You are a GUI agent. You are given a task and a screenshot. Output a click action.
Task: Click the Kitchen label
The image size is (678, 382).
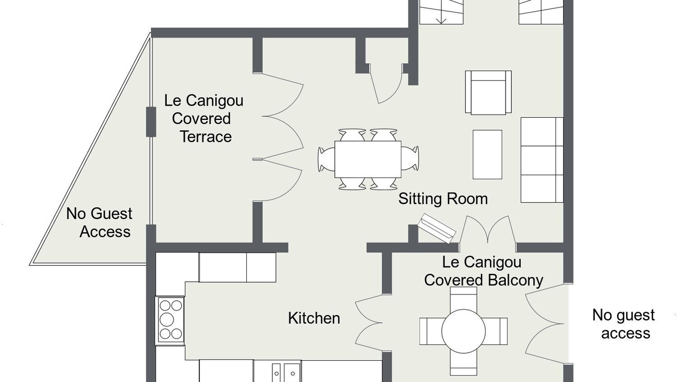pyautogui.click(x=314, y=318)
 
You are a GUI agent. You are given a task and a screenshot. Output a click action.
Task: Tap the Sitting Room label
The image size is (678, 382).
pyautogui.click(x=443, y=199)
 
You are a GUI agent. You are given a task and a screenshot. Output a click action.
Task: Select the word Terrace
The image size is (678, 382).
pyautogui.click(x=206, y=136)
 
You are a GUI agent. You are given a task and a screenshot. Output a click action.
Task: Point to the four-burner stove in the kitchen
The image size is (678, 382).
pyautogui.click(x=171, y=320)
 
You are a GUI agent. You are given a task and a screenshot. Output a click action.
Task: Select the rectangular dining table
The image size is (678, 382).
pyautogui.click(x=368, y=159)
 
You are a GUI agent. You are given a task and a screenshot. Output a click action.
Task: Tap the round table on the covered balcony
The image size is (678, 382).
pyautogui.click(x=463, y=331)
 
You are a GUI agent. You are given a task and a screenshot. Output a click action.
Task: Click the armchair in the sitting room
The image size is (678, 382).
pyautogui.click(x=488, y=93)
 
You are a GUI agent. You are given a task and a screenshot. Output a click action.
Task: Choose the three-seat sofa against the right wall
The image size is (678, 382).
pyautogui.click(x=542, y=160)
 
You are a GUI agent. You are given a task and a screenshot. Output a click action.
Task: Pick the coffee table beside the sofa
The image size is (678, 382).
pyautogui.click(x=487, y=154)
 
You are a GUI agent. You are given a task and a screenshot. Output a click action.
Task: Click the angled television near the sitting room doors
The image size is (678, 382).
pyautogui.click(x=437, y=228)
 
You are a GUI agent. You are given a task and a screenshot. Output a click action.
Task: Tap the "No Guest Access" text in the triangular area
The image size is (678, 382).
pyautogui.click(x=99, y=222)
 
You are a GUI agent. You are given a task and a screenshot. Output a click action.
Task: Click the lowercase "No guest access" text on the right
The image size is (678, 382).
pyautogui.click(x=624, y=324)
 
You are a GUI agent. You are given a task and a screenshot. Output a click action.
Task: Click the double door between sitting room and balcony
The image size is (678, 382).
pyautogui.click(x=488, y=230)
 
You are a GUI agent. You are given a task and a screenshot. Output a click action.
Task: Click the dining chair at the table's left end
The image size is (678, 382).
pyautogui.click(x=326, y=159)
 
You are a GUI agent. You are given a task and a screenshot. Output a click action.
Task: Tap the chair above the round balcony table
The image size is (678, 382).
pyautogui.click(x=463, y=298)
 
